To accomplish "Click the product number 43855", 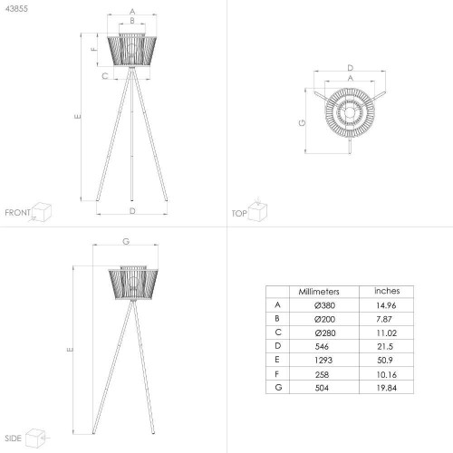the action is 16,9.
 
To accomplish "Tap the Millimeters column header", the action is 319,292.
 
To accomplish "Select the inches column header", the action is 387,291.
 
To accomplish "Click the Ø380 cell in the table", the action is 324,305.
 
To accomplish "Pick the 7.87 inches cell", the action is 384,319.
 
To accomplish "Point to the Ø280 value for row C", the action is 325,333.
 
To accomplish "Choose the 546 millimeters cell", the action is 322,346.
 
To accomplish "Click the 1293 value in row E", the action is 323,360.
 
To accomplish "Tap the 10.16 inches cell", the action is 386,374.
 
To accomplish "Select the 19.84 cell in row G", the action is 386,388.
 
